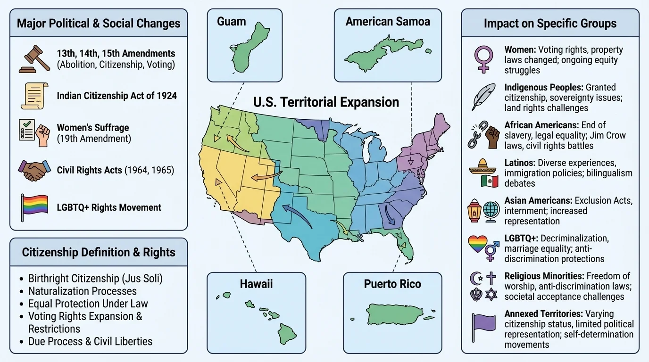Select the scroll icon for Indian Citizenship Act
(x=34, y=95)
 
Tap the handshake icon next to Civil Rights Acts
(x=34, y=170)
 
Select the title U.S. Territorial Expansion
(x=326, y=102)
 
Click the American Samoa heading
(x=388, y=22)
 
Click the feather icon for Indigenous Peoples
(x=483, y=97)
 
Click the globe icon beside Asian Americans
(x=491, y=209)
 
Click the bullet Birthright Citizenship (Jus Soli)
(x=95, y=279)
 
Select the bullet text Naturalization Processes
(x=82, y=291)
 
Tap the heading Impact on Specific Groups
(x=550, y=24)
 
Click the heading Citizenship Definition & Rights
(x=99, y=252)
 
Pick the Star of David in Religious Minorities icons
(x=491, y=295)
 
